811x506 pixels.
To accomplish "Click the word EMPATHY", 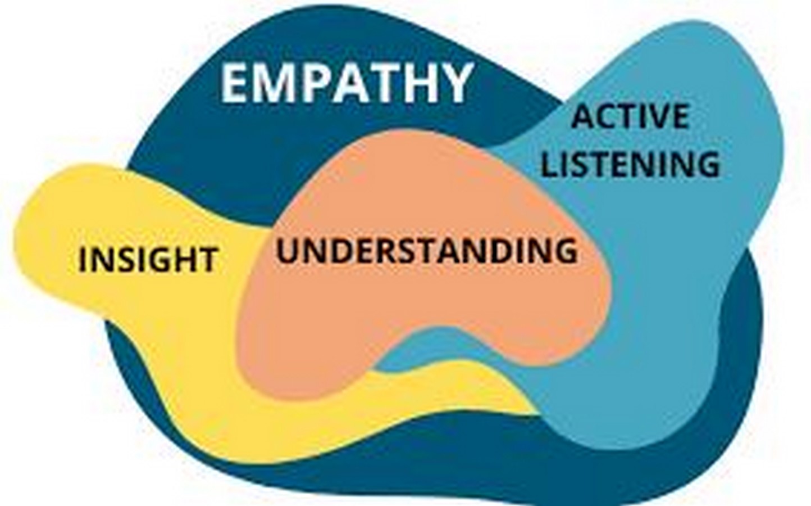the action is [x=347, y=83].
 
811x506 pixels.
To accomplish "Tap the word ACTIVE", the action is [x=630, y=116].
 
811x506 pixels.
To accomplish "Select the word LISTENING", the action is [x=630, y=164].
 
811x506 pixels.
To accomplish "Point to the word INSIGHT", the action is [x=148, y=259].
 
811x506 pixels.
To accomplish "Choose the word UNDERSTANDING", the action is [x=427, y=250].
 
